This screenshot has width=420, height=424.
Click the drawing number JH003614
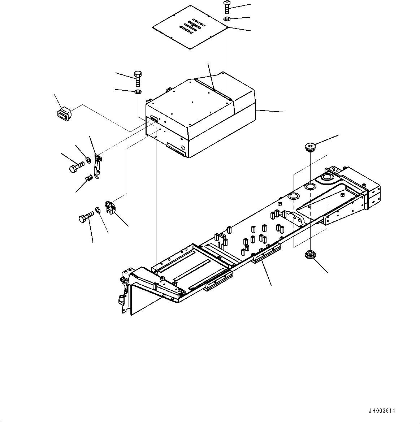pos(382,411)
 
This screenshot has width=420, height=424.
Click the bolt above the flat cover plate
pos(227,7)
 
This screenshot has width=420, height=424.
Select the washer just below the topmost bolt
pos(227,19)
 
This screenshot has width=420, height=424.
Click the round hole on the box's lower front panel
pos(183,148)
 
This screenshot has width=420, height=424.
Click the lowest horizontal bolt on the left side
pos(85,217)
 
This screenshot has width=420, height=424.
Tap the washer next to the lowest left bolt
pos(98,209)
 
